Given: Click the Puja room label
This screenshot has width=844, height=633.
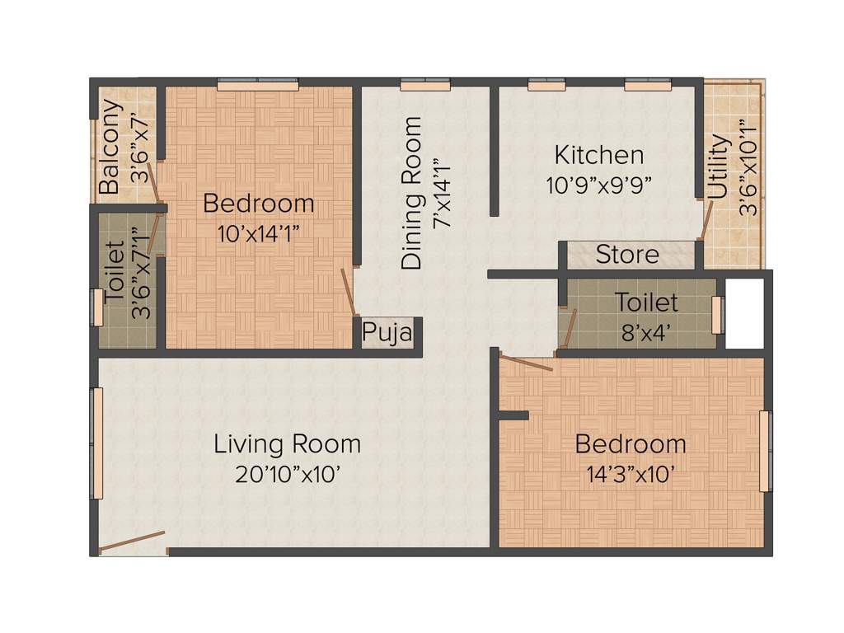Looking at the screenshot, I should coord(387,334).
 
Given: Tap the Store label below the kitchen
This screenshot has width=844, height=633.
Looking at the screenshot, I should coord(627,254).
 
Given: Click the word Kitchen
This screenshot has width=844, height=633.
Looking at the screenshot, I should coord(598,154).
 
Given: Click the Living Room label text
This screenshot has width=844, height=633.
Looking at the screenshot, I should coord(287,444).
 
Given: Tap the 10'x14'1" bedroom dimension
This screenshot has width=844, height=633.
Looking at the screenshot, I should coord(258,232).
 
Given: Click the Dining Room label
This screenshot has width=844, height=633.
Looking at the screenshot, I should coord(411,193).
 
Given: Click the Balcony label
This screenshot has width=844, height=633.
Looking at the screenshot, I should coord(109,147).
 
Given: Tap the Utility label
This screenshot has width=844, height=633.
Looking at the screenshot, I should coord(719,167).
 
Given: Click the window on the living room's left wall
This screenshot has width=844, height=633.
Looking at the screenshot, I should coord(97,443).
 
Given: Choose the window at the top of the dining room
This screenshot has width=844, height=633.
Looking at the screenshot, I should coord(425,84).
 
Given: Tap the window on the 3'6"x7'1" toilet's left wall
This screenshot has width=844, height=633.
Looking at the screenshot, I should coord(96,307).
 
